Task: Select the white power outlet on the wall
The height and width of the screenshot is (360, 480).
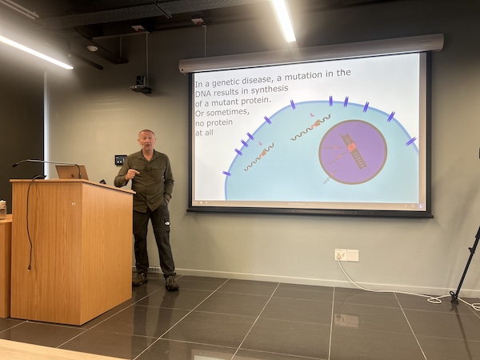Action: tap(346, 255)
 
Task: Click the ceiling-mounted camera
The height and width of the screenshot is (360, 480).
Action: tap(142, 84)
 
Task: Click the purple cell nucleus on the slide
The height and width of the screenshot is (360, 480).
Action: tap(352, 151)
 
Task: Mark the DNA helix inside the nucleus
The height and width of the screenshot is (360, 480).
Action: tap(353, 150)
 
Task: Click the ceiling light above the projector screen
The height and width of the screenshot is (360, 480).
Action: tap(283, 20)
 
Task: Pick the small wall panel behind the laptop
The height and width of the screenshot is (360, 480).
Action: tap(120, 159)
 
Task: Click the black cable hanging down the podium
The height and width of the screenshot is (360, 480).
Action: tap(29, 216)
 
